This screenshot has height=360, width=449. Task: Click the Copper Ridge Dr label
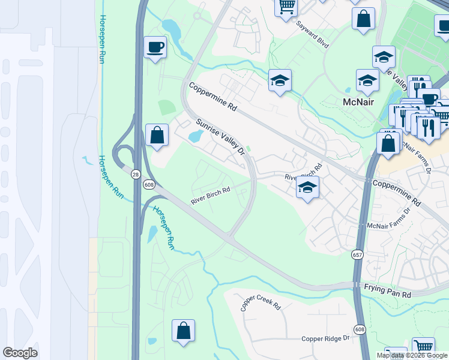tap(325, 338)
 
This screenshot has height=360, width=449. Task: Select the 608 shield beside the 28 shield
tap(149, 185)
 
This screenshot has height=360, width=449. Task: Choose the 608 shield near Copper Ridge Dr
tap(360, 329)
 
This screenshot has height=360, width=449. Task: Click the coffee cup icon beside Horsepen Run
tap(155, 47)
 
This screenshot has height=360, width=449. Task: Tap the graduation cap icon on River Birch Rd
tap(307, 188)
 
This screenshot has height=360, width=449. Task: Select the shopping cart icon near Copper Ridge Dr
tap(424, 347)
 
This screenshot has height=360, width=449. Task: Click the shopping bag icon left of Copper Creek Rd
tap(183, 331)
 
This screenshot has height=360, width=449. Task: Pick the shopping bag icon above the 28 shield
tap(157, 135)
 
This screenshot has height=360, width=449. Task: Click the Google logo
tap(20, 353)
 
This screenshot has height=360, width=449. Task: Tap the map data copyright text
tap(412, 355)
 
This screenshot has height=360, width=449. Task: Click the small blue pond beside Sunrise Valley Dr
tap(196, 137)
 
